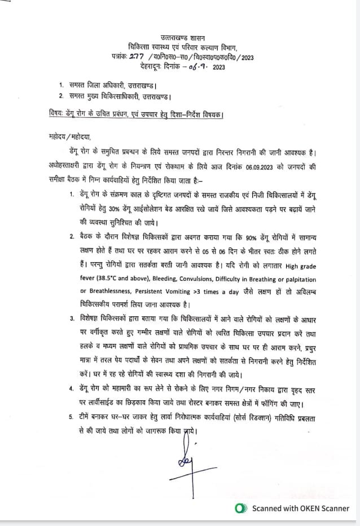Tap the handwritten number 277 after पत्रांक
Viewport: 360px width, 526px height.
pos(137,57)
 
